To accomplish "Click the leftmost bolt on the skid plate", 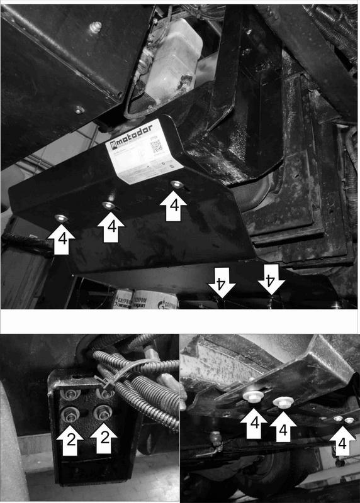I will click(x=60, y=218).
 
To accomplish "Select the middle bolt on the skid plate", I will click(x=110, y=205).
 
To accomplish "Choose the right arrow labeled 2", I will click(x=103, y=441).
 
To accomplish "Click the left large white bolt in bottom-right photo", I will click(x=251, y=394).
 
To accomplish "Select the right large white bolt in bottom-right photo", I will click(x=281, y=402).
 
